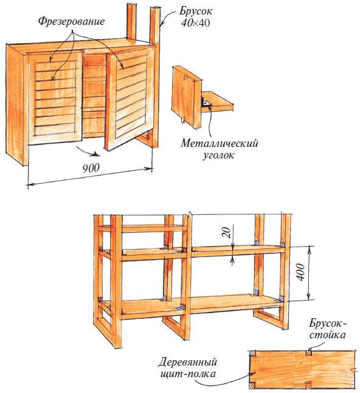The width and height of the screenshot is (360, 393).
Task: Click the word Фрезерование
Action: click(x=71, y=21)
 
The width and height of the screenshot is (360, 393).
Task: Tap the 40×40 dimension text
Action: click(x=196, y=23)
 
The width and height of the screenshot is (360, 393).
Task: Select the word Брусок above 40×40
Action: click(x=196, y=12)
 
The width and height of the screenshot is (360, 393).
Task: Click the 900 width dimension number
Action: click(x=91, y=168)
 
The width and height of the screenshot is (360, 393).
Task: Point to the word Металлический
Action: click(x=220, y=143)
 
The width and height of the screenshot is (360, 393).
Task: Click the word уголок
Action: click(x=218, y=155)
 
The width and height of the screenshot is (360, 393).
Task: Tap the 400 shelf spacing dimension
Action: click(x=302, y=273)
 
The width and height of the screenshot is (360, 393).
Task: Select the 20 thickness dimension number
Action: click(x=226, y=232)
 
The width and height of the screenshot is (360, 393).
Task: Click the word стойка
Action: click(x=327, y=335)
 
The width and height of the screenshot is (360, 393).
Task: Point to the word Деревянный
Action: click(x=188, y=363)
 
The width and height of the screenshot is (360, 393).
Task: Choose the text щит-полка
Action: click(x=188, y=374)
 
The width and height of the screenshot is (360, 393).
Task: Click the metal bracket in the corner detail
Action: click(x=206, y=103)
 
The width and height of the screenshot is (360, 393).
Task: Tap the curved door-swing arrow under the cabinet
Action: click(x=86, y=152)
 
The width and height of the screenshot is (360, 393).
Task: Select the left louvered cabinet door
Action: click(x=55, y=98)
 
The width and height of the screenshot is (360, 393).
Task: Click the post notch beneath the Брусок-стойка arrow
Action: click(x=308, y=353)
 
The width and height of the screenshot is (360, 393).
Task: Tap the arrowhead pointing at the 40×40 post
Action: click(x=161, y=24)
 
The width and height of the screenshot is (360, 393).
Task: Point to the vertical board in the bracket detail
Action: click(x=187, y=97)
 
